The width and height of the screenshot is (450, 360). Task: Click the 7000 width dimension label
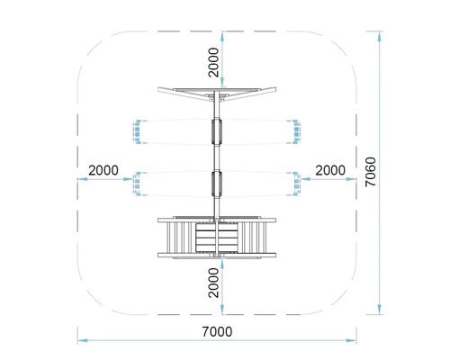[218, 331]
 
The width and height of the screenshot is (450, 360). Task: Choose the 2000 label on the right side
[330, 170]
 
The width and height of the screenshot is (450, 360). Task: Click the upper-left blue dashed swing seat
[138, 132]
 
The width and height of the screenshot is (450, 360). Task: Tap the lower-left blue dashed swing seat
[138, 184]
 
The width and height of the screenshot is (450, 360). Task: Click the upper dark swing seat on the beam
[216, 131]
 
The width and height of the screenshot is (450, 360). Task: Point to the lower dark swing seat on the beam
[216, 183]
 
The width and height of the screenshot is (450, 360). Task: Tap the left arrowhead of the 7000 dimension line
[78, 341]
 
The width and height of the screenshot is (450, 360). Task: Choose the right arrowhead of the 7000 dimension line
[355, 341]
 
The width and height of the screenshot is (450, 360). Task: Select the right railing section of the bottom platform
[258, 238]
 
